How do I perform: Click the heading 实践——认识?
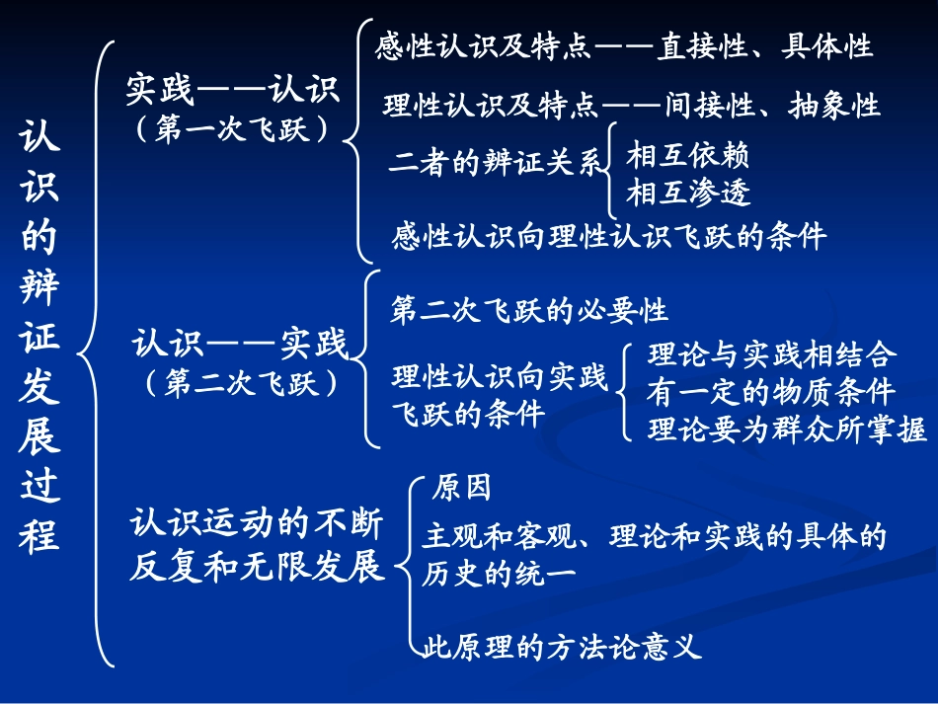(x=233, y=90)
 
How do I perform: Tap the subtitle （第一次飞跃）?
(x=233, y=129)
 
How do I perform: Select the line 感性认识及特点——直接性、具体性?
(x=624, y=46)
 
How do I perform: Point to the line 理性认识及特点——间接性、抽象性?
(x=631, y=105)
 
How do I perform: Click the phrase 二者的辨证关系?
(x=494, y=165)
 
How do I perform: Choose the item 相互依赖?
(x=688, y=156)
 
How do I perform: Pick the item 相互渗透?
(x=688, y=191)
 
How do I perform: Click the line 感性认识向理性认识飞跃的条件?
(x=608, y=236)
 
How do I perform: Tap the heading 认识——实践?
(x=240, y=345)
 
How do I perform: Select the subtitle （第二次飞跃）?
(x=240, y=382)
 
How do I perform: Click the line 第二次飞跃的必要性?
(x=529, y=311)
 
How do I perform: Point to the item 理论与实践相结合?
(x=772, y=354)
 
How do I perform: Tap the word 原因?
(x=462, y=488)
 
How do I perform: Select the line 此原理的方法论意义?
(x=562, y=648)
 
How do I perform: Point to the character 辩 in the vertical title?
(x=39, y=290)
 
